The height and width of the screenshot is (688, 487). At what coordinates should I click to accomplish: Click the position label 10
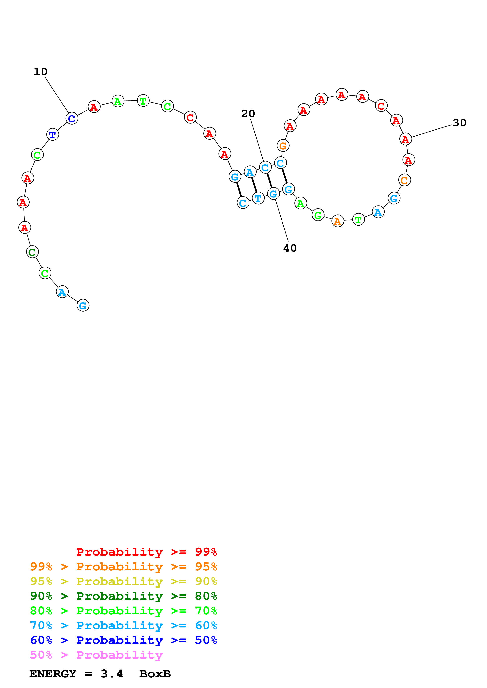tap(40, 72)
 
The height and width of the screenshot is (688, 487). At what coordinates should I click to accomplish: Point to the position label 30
tap(459, 123)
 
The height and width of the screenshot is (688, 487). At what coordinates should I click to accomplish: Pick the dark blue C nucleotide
tap(72, 118)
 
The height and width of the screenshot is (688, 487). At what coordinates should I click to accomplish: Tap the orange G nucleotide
tap(283, 146)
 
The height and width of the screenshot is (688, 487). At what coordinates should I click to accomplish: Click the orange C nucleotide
tap(404, 180)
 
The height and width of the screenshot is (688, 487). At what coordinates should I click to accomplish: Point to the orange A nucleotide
tap(338, 221)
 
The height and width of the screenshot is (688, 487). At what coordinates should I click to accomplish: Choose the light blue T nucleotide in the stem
tap(258, 198)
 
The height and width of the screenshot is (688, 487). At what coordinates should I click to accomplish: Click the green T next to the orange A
tap(358, 220)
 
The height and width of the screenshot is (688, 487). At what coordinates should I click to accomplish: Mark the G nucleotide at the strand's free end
tap(83, 305)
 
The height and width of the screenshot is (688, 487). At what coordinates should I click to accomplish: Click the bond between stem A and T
tap(254, 185)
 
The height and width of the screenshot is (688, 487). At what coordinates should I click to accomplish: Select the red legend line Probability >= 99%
tap(146, 552)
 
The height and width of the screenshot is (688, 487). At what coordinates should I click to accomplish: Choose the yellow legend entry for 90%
tap(123, 581)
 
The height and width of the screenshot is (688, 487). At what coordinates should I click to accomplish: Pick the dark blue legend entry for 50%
tap(123, 640)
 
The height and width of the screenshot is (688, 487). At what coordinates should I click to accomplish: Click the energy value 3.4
tap(112, 674)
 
